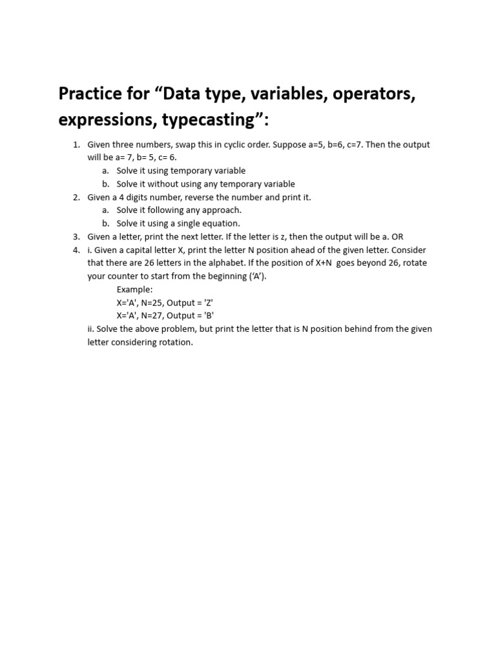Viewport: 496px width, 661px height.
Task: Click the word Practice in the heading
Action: coord(90,94)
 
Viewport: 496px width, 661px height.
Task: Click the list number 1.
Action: coord(76,145)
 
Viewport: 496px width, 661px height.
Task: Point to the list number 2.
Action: coord(76,197)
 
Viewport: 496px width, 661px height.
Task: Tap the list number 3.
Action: coord(76,237)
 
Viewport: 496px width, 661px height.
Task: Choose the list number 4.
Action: coord(76,250)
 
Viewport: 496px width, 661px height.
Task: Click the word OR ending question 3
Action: coord(397,237)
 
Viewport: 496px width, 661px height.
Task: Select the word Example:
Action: coord(134,289)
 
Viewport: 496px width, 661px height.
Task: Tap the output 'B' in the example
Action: coord(208,316)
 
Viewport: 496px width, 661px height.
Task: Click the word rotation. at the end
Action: coord(175,342)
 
